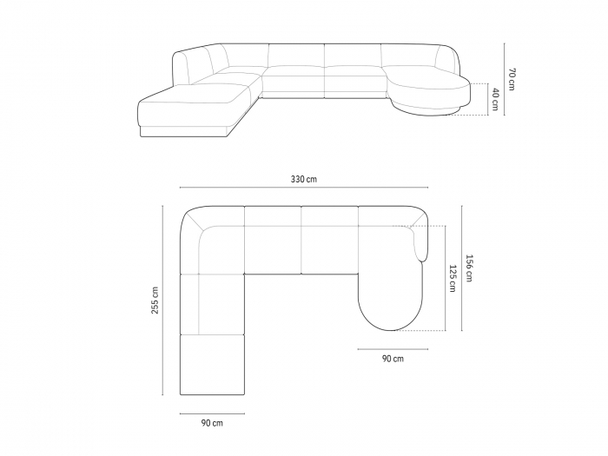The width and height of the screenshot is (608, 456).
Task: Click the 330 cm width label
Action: pyautogui.click(x=303, y=179)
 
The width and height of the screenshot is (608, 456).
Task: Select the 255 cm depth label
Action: pyautogui.click(x=155, y=300)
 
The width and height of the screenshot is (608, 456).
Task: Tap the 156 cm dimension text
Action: pyautogui.click(x=469, y=268)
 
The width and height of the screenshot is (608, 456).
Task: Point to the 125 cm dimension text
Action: pyautogui.click(x=453, y=278)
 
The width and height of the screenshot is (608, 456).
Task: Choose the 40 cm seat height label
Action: pyautogui.click(x=495, y=99)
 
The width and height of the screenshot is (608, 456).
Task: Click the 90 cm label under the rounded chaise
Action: pyautogui.click(x=392, y=358)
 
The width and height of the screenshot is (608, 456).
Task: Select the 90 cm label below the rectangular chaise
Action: pyautogui.click(x=211, y=423)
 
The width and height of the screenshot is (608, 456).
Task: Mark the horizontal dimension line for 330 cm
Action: pyautogui.click(x=303, y=188)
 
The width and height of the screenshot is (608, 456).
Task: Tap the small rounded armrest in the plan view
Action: pyautogui.click(x=424, y=243)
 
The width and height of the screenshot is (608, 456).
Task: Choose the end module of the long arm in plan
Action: pyautogui.click(x=212, y=365)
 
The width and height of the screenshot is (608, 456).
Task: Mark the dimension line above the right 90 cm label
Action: pyautogui.click(x=391, y=348)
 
